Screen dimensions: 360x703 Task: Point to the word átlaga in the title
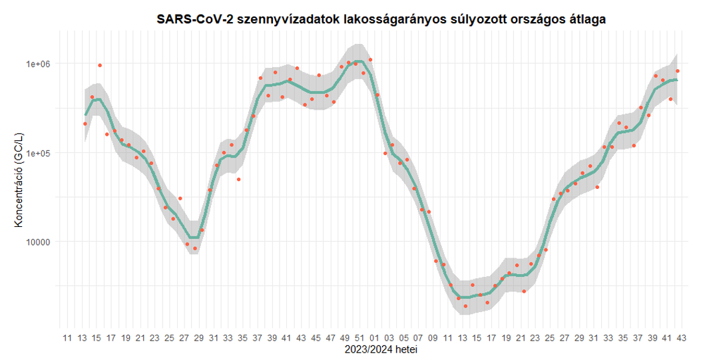[584, 19]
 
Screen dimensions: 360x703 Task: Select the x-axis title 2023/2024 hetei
[381, 349]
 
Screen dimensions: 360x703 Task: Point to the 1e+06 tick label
[39, 64]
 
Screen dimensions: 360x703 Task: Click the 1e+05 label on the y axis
[39, 153]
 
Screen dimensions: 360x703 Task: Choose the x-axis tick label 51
[359, 338]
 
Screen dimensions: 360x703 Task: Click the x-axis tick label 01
[374, 338]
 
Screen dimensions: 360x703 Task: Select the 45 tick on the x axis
[316, 338]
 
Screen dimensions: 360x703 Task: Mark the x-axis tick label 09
[433, 338]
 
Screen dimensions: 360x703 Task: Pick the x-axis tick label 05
[403, 338]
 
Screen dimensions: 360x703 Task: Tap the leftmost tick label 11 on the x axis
[67, 338]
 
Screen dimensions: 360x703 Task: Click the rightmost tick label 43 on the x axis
[682, 338]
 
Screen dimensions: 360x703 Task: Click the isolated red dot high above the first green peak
[100, 65]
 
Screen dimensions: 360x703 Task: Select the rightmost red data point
[678, 71]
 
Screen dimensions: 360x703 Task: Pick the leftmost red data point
[85, 124]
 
